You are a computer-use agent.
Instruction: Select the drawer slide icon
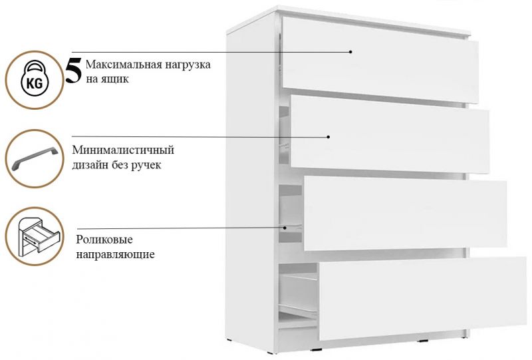coord(34,236)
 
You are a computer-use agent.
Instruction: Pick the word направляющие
coord(115,254)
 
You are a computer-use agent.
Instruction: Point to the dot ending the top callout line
coord(350,51)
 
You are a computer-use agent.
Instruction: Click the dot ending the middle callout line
coord(329,136)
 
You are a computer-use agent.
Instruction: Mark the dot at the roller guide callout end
coord(286,227)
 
